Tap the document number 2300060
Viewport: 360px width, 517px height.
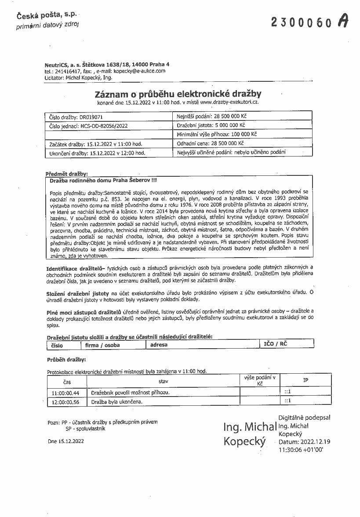[301, 22]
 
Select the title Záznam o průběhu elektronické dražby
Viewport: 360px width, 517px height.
[178, 94]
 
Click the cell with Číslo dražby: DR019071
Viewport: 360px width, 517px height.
[109, 118]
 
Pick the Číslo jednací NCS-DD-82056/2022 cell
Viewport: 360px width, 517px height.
[109, 126]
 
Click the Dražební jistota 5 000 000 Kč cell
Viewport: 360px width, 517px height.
[243, 126]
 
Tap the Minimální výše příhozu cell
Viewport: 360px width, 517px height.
[243, 135]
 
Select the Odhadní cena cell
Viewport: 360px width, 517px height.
[243, 143]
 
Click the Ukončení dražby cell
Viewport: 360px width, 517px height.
[109, 153]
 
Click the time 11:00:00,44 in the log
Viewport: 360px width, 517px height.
[65, 393]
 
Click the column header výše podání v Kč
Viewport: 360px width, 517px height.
[259, 381]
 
